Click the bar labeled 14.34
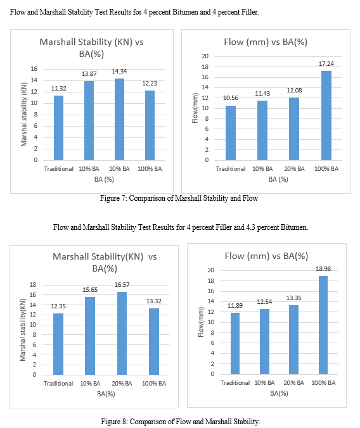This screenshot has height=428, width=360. point(119,119)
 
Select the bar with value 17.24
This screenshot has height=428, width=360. point(326,115)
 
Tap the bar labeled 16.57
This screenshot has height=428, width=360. point(122,333)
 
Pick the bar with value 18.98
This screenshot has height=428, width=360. point(323,325)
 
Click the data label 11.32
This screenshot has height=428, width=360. point(59,89)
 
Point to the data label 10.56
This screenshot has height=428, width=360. point(231,98)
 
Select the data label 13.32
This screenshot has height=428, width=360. point(154,301)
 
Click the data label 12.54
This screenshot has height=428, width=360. point(264,301)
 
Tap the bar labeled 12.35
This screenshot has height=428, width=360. point(58,344)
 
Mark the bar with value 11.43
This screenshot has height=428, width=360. point(262,130)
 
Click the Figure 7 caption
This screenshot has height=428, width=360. point(179,198)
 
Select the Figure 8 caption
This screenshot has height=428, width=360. point(181,422)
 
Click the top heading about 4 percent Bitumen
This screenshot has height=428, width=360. point(134,12)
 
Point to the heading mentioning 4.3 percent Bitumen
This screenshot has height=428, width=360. point(181,227)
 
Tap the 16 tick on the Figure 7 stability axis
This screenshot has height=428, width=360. point(34,69)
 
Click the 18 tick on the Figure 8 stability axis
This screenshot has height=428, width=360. point(33,285)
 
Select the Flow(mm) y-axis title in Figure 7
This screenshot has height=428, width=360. point(195,108)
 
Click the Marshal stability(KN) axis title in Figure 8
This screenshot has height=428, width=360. point(23,330)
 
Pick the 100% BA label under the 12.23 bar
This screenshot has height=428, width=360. point(150,169)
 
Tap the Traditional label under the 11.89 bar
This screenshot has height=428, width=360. point(235,383)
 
